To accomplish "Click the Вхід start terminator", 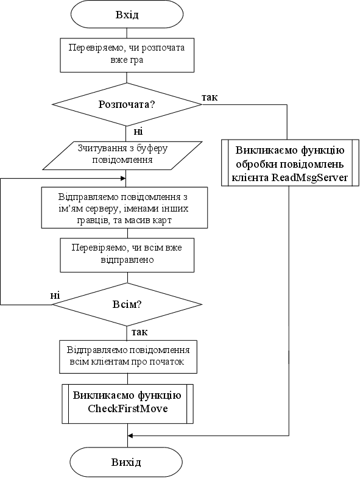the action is tap(127, 15).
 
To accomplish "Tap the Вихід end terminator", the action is tap(127, 462).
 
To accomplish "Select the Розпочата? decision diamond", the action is tap(127, 104).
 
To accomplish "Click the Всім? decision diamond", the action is tap(127, 304).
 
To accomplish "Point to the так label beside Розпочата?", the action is tap(210, 98).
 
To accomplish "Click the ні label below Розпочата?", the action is tap(138, 131).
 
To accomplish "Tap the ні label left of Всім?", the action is tap(55, 295).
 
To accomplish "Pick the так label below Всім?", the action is tap(139, 332).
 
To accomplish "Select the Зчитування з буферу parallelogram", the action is tap(122, 155).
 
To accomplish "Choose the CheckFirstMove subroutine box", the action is tap(128, 404).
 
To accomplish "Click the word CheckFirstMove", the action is tap(128, 408).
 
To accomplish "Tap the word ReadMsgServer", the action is tap(309, 177).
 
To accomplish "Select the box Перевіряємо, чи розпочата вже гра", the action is tap(127, 55).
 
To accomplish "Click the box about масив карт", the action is tap(124, 207).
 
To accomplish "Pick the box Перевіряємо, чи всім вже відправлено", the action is tap(127, 255).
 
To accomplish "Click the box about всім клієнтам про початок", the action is tap(128, 356).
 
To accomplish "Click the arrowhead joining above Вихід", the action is tap(130, 435).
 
